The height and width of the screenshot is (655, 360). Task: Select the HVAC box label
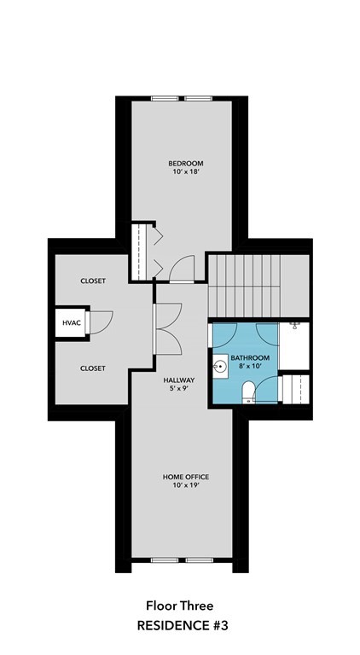[72, 322]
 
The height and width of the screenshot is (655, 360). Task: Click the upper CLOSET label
[93, 281]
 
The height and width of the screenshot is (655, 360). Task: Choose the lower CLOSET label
[93, 368]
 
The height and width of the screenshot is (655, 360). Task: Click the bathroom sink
[220, 367]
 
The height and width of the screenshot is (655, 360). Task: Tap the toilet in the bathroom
[248, 392]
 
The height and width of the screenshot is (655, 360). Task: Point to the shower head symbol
[295, 325]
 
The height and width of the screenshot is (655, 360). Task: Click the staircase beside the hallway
[244, 286]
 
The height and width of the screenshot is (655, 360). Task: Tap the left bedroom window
[165, 99]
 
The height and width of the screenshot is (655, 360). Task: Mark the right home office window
[200, 560]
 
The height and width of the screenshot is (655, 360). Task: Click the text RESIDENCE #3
[183, 626]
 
